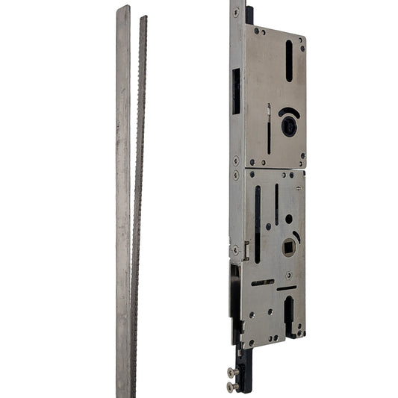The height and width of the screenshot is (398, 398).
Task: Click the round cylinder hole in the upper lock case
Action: point(288,128)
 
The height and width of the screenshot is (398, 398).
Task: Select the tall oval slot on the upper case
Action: point(289,61)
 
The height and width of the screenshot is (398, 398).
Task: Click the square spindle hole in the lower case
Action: point(289,246)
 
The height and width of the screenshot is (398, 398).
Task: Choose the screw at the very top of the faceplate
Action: point(236,12)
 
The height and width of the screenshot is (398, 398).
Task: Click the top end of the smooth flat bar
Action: point(123,10)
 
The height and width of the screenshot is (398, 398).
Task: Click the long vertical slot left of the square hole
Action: point(258,224)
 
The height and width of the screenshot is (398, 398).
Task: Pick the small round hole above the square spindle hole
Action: point(289,219)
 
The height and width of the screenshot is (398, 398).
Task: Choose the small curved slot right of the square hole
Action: point(297,237)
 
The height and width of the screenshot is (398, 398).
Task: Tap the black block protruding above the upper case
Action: point(249,14)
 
